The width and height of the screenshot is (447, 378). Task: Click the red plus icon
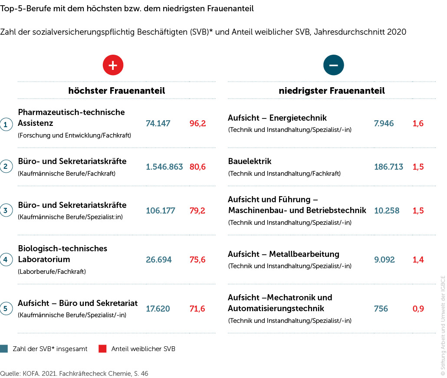113,65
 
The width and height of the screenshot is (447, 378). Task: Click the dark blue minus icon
333,65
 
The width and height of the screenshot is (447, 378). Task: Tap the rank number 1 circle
6,125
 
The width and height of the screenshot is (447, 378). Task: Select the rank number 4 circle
6,260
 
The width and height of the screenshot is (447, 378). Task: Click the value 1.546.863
164,167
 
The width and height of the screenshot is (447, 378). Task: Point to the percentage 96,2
197,124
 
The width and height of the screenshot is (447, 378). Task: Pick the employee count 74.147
158,124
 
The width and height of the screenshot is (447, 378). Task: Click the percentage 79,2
197,211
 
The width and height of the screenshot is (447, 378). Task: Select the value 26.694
159,260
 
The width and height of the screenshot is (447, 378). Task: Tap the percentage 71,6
197,309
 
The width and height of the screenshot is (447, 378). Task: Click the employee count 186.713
388,167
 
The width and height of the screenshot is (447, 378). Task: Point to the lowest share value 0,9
418,309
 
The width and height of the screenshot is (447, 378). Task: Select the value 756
381,309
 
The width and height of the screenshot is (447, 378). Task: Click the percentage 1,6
418,124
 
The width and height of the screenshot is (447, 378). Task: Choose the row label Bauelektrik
250,161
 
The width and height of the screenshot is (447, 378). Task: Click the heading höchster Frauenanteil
116,91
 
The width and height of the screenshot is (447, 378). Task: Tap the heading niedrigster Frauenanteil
332,91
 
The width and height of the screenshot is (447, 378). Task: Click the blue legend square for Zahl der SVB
4,349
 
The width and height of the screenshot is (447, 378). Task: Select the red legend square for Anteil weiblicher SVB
102,349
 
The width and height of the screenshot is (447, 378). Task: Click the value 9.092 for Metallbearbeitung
385,260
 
